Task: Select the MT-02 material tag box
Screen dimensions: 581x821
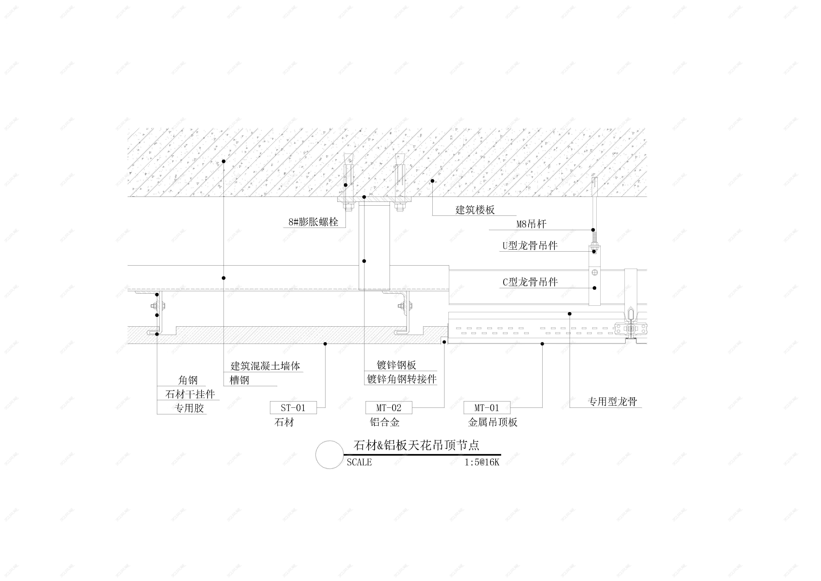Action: (389, 408)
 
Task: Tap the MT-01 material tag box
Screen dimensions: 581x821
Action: (487, 408)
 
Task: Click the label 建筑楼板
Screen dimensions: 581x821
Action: (475, 210)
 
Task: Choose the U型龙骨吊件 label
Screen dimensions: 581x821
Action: (530, 246)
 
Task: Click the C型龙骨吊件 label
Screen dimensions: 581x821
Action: (530, 282)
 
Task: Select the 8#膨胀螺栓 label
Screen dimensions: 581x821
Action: (313, 222)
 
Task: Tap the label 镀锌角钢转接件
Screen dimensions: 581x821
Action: (402, 379)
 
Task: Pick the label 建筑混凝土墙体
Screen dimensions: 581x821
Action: (265, 366)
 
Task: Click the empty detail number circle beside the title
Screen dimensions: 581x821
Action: (329, 455)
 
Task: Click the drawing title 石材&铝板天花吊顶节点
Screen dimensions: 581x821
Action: (416, 445)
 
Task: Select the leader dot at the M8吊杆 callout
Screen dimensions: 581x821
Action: (593, 230)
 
